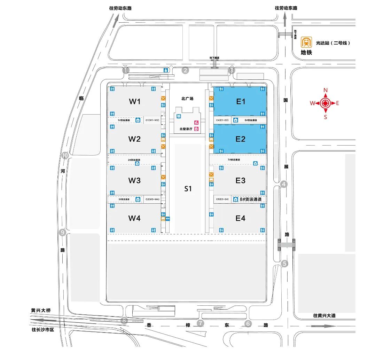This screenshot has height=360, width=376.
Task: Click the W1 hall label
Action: (134, 102)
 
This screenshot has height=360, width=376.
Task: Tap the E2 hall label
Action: (241, 139)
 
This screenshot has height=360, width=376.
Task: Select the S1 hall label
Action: (188, 189)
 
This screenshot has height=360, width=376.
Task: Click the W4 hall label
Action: (134, 218)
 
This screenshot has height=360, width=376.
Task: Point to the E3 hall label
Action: (241, 180)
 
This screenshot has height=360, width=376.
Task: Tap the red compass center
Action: (326, 103)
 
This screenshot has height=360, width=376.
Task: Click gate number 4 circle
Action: (284, 185)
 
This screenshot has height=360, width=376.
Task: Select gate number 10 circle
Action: (65, 156)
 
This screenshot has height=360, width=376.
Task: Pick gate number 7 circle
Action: (200, 323)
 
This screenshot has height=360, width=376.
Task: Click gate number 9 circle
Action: (63, 233)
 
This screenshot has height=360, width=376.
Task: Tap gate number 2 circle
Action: (186, 71)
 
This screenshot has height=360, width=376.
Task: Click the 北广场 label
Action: (187, 99)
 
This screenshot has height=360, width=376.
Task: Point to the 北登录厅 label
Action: (186, 129)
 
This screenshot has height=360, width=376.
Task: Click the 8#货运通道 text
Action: (251, 199)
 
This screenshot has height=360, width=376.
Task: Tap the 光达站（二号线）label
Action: (332, 43)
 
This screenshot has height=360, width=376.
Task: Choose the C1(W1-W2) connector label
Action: (152, 120)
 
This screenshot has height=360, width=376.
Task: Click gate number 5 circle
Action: (285, 264)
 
